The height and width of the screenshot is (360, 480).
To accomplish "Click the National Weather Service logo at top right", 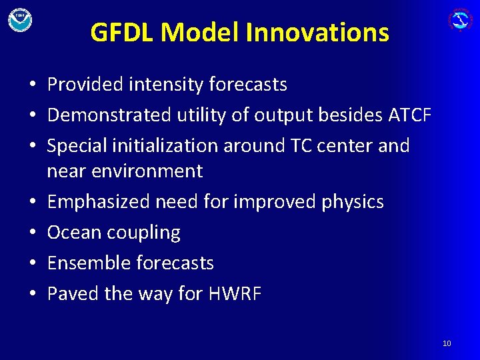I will coord(460,19).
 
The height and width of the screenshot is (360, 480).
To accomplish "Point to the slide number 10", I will coord(447,343).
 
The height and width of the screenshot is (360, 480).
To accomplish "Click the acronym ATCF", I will coord(409,115).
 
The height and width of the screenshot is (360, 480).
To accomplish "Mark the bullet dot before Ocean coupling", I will coord(31,233).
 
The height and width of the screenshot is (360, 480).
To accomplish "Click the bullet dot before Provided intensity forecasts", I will coord(31,85).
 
